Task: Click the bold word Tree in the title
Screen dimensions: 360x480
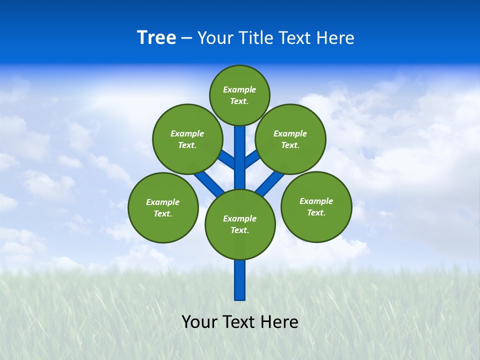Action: click(156, 37)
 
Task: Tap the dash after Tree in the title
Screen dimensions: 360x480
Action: click(186, 38)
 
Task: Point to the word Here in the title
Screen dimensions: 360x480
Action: click(335, 37)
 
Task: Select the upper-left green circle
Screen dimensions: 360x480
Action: click(187, 139)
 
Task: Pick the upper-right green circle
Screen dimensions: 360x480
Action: click(290, 139)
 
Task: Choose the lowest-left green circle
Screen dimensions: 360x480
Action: click(163, 207)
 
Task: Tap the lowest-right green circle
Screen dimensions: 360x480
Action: click(316, 206)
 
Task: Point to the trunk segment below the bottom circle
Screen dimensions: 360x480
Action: click(240, 280)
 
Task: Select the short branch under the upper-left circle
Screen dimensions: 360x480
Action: click(226, 159)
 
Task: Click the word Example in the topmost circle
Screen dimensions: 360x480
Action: click(239, 89)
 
